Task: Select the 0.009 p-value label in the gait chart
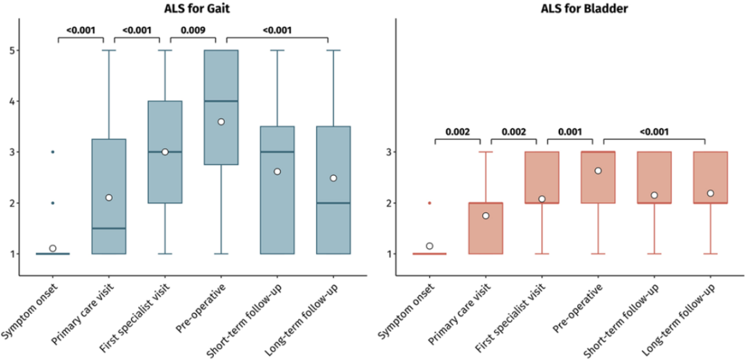point(192,30)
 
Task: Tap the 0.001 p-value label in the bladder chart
point(564,132)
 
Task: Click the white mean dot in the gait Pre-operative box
point(221,121)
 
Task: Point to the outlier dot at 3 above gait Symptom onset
point(52,152)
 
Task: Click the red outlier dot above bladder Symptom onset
point(429,203)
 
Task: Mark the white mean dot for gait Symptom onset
point(52,248)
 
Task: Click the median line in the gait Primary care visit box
point(108,228)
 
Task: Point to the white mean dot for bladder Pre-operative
point(598,170)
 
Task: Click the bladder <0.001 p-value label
point(653,132)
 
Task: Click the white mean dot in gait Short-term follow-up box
point(277,171)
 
